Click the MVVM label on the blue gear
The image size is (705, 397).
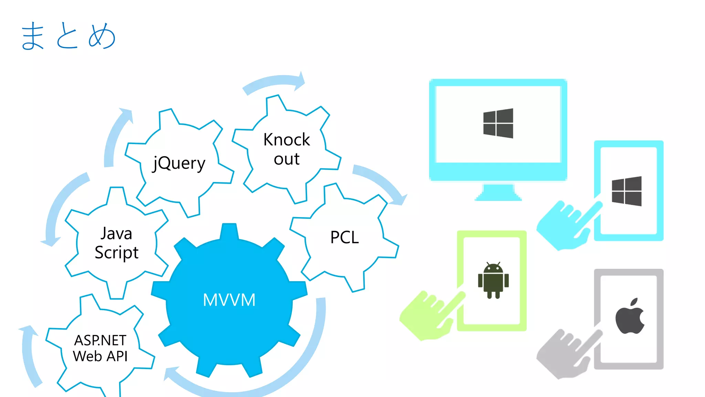click(x=229, y=300)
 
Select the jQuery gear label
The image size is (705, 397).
click(x=179, y=163)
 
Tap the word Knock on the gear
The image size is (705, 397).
click(x=286, y=140)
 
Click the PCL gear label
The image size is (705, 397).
click(x=344, y=237)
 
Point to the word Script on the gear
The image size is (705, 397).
click(x=116, y=253)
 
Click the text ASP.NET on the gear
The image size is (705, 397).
click(x=100, y=340)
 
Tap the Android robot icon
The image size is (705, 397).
click(x=493, y=280)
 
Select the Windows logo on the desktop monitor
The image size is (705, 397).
click(x=498, y=123)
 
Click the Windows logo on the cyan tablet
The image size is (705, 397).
click(x=627, y=191)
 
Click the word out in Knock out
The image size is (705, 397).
click(x=286, y=159)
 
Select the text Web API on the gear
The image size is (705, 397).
click(x=100, y=356)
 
